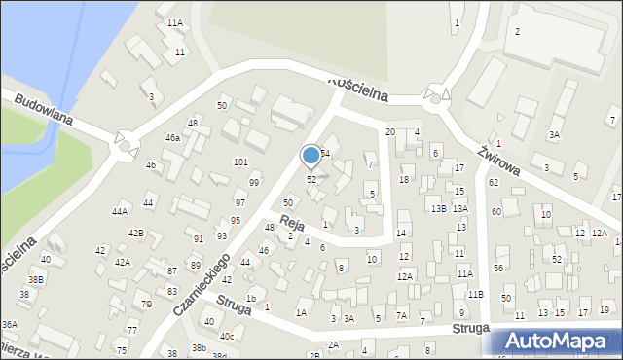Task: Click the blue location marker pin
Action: click(x=311, y=156)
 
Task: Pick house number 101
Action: click(x=240, y=162)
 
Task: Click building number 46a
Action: click(x=172, y=138)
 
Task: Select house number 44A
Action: click(x=120, y=211)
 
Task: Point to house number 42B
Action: click(x=136, y=233)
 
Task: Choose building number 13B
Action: click(x=438, y=208)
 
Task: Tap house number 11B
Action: click(x=475, y=294)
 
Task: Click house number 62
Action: click(x=494, y=182)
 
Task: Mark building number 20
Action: click(x=389, y=131)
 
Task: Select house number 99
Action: click(x=254, y=183)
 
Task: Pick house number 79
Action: click(x=146, y=305)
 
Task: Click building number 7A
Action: click(x=401, y=315)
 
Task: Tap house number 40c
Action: click(x=227, y=337)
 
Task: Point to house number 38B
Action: click(x=35, y=279)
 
